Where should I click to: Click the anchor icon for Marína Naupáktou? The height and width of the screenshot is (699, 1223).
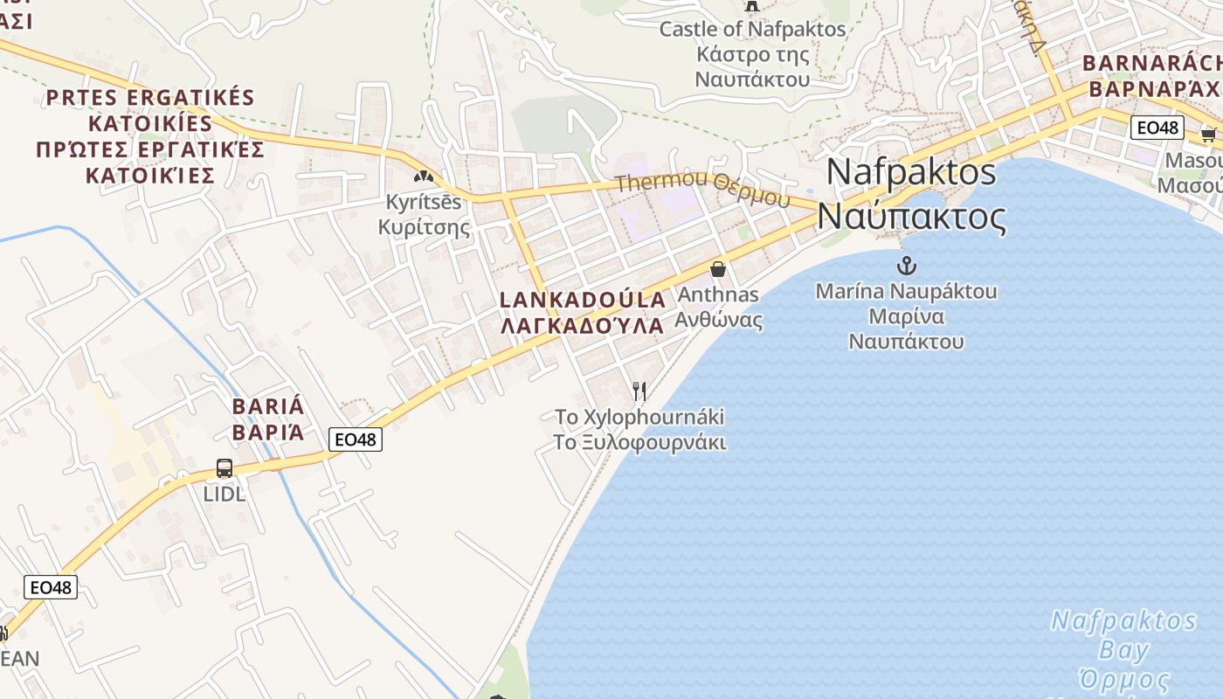(x=906, y=264)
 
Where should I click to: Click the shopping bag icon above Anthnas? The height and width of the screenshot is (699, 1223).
(x=718, y=269)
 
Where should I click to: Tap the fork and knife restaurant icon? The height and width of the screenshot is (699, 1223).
(x=639, y=391)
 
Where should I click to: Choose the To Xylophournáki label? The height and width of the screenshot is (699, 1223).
(x=639, y=429)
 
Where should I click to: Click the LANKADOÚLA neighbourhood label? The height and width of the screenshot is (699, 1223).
(x=582, y=312)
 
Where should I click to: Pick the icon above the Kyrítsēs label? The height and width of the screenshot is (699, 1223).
(x=424, y=176)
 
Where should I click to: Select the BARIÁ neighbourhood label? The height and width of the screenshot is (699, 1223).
(x=268, y=419)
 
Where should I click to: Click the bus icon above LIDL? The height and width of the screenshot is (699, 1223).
(x=225, y=468)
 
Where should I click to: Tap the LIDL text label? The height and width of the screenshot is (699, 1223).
(x=225, y=495)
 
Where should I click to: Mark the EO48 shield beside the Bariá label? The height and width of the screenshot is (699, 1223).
(x=356, y=439)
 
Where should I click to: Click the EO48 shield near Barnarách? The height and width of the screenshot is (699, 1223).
(x=1157, y=128)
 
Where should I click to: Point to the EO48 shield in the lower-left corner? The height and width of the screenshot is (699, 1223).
(x=51, y=587)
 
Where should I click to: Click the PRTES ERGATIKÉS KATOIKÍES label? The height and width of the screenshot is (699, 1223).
(x=150, y=135)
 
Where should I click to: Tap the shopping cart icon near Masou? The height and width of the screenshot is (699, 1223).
(x=1208, y=134)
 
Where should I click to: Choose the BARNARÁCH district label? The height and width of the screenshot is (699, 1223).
(x=1152, y=76)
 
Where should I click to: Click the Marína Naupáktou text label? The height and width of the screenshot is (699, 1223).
(x=906, y=315)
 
